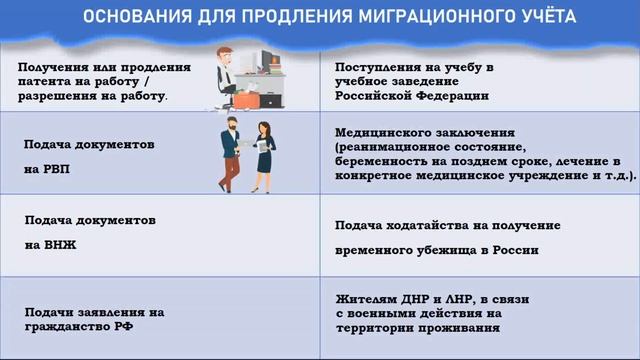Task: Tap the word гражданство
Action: point(64,327)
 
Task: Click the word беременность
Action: point(385,160)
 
